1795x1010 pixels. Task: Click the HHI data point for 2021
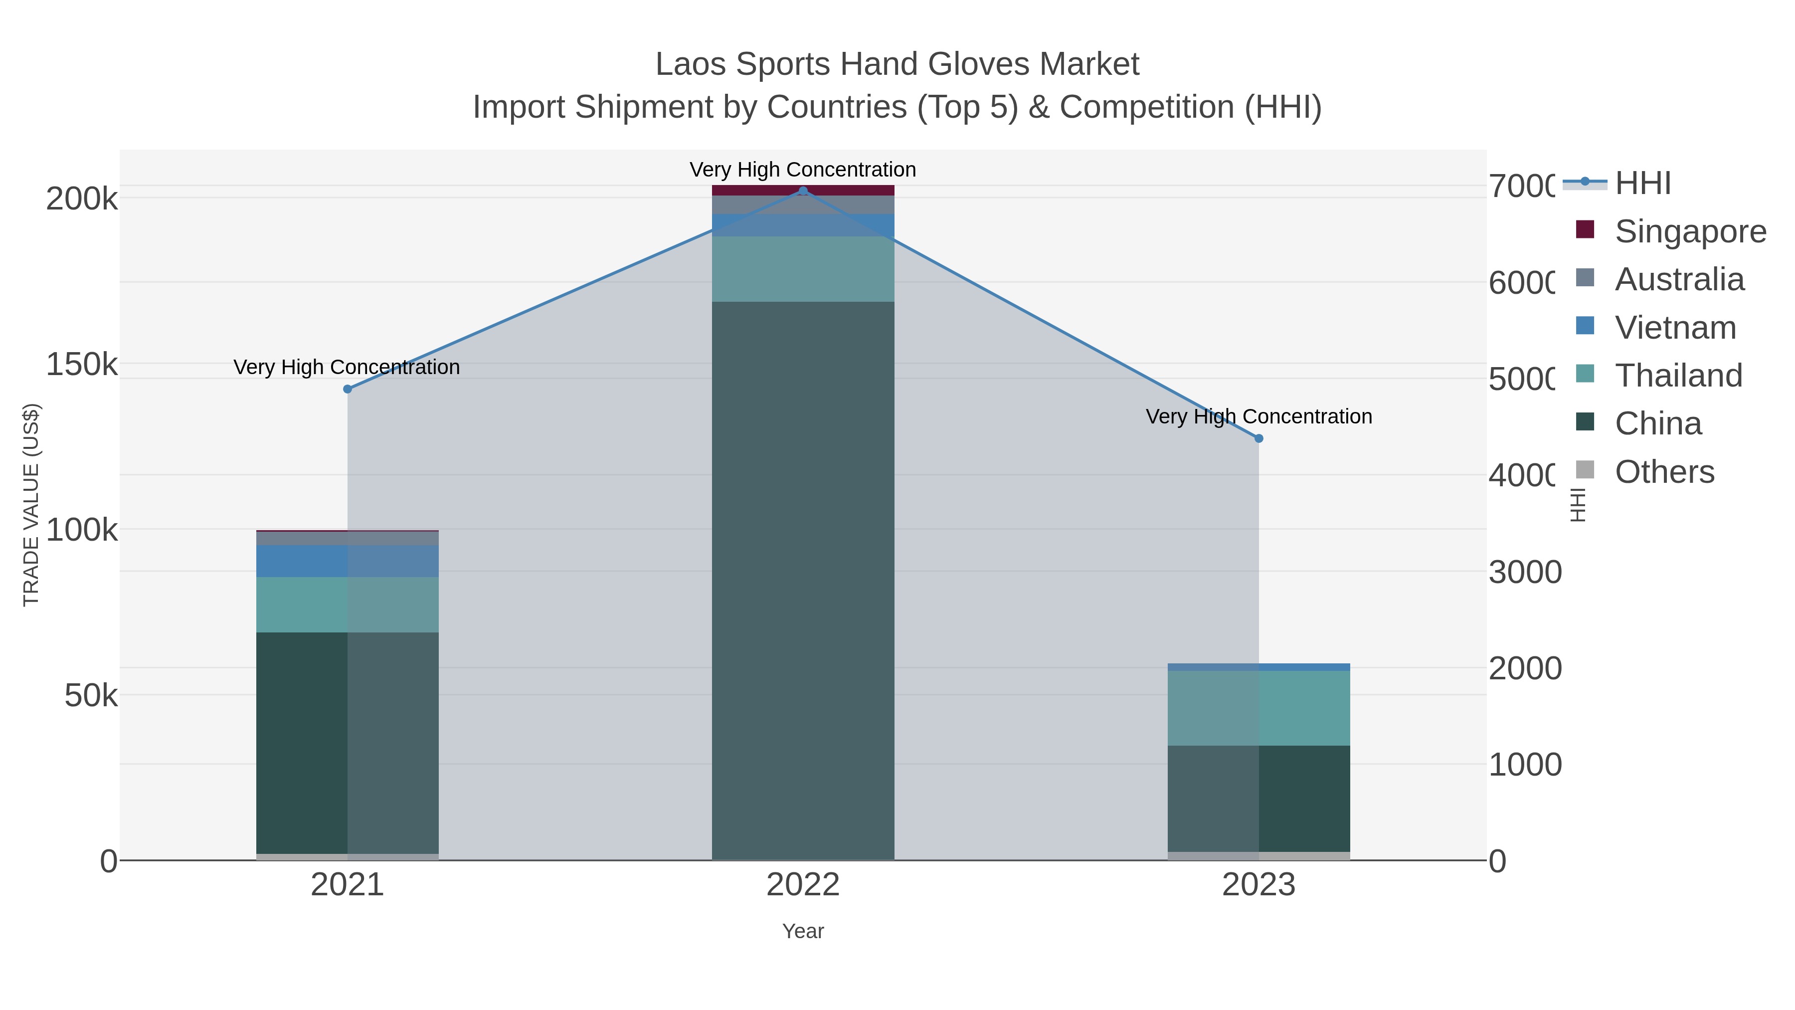(348, 389)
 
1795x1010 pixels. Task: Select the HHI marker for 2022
(803, 191)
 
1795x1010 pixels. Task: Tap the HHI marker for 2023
(1258, 438)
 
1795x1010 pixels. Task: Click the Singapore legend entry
(1690, 231)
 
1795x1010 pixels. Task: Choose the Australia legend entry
(1679, 279)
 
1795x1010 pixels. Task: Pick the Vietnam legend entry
(1675, 328)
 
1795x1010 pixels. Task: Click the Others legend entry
(1664, 472)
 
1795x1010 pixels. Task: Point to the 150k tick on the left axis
(82, 365)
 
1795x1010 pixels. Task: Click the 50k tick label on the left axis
(91, 696)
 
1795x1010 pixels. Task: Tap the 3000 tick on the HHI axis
(1525, 572)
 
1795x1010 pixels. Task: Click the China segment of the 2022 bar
(803, 579)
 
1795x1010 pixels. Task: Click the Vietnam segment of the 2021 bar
(348, 561)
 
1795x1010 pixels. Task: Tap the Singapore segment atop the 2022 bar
(803, 190)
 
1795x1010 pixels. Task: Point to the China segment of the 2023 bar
(1258, 798)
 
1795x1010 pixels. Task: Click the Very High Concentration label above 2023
(1258, 417)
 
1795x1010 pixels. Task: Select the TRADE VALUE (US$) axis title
(31, 505)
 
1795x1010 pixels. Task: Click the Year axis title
(803, 931)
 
